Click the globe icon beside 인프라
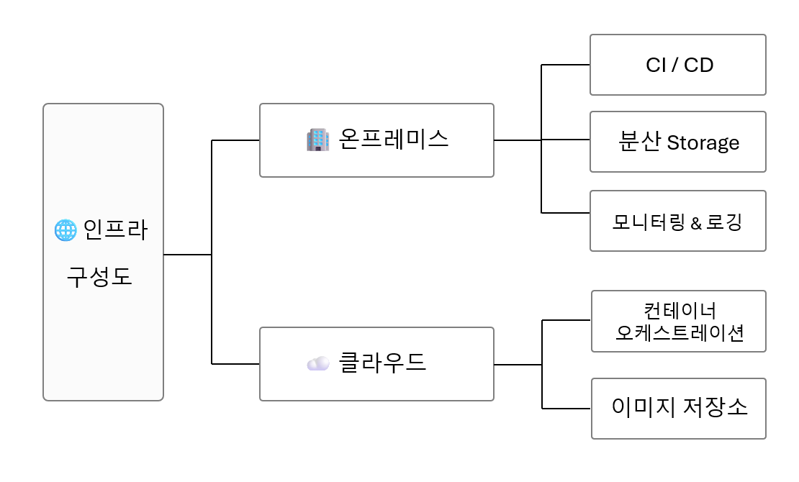66,231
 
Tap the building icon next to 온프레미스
317,140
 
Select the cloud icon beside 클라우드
317,363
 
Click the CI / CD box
677,65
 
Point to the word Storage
703,142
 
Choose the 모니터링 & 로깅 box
677,221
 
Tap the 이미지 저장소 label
679,408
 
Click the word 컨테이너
680,311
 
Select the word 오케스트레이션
680,333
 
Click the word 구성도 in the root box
100,277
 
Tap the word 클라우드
382,363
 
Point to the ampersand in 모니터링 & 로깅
695,223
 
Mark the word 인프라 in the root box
115,231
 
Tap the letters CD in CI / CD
698,65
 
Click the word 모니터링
649,222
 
